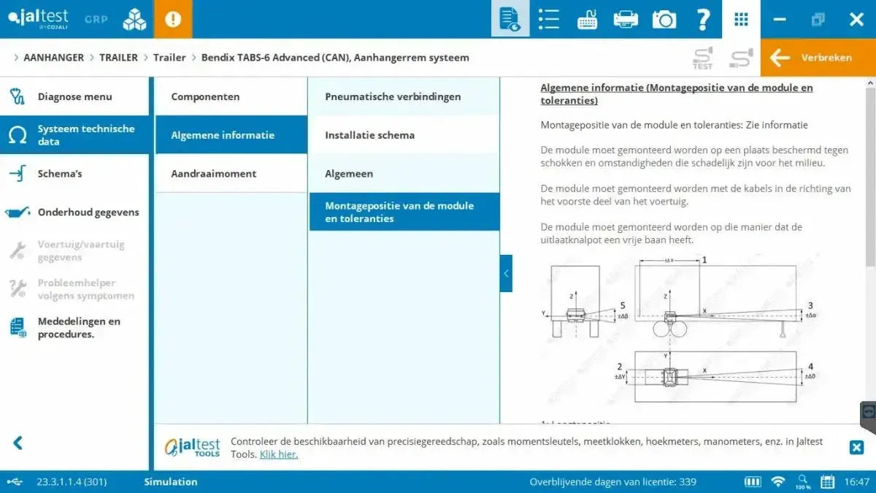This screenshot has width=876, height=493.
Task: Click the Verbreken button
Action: click(818, 58)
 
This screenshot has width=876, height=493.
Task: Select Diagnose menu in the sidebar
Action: click(74, 96)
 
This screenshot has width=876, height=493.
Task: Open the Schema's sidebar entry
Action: click(60, 174)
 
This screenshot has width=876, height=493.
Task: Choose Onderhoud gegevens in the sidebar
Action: click(88, 213)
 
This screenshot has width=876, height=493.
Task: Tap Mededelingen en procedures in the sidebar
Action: click(79, 328)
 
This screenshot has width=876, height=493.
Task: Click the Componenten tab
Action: click(205, 96)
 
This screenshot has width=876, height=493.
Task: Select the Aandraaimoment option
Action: click(213, 174)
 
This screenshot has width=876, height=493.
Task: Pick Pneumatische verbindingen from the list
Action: click(393, 96)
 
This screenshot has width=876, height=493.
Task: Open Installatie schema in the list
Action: click(369, 135)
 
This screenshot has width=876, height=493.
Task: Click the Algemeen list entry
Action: click(349, 174)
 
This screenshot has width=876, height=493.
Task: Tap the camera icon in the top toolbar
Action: click(664, 20)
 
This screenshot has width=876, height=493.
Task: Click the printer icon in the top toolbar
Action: click(626, 20)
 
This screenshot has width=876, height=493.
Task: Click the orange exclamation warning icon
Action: click(173, 20)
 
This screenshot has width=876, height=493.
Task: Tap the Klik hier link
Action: click(279, 454)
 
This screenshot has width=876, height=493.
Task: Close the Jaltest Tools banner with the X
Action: click(856, 448)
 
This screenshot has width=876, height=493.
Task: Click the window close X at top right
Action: click(856, 20)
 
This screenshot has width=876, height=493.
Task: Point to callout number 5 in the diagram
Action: click(622, 305)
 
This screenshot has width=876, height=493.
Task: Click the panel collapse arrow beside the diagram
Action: click(506, 273)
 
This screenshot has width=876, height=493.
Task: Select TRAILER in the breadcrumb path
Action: click(118, 58)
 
